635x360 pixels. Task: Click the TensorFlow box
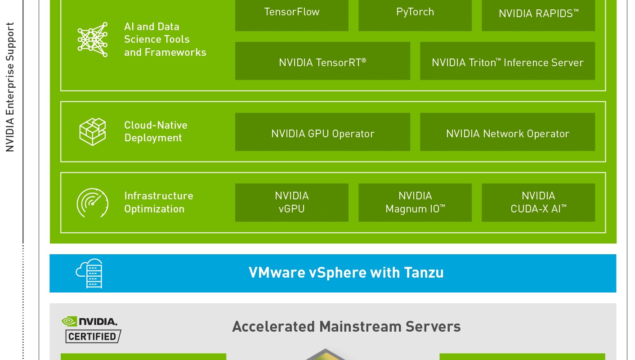(x=292, y=15)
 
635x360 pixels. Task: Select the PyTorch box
(x=415, y=15)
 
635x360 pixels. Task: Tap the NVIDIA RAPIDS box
(x=538, y=15)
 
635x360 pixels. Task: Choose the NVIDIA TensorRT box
(x=322, y=61)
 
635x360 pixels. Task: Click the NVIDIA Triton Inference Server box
(x=507, y=61)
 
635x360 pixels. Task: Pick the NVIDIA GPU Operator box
(x=322, y=132)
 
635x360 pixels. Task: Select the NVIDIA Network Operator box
(x=507, y=132)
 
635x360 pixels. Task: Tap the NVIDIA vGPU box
(x=292, y=202)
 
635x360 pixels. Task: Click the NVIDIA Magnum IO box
(x=415, y=202)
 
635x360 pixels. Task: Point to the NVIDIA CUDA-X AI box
(x=538, y=202)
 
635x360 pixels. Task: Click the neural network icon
(x=93, y=40)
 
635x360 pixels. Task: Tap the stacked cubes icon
(x=93, y=132)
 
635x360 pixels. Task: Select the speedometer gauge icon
(x=92, y=203)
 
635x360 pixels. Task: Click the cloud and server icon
(x=89, y=273)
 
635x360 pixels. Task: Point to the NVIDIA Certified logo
(x=91, y=330)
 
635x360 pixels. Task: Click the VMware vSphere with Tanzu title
(x=346, y=273)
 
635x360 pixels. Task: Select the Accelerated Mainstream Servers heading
(x=346, y=327)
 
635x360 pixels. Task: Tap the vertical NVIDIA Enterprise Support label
(x=10, y=87)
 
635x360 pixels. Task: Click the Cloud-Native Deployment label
(x=156, y=131)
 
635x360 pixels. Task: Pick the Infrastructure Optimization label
(x=159, y=202)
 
